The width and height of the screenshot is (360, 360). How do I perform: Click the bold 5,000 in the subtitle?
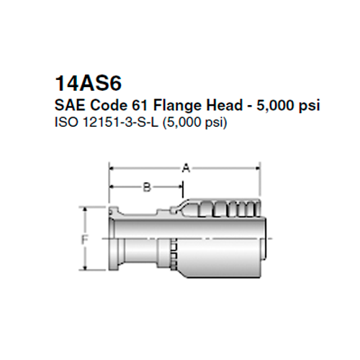pos(275,105)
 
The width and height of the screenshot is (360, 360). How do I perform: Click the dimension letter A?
pos(185,168)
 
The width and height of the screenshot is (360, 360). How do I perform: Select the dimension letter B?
pos(147,188)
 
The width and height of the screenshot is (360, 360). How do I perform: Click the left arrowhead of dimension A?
pos(112,168)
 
